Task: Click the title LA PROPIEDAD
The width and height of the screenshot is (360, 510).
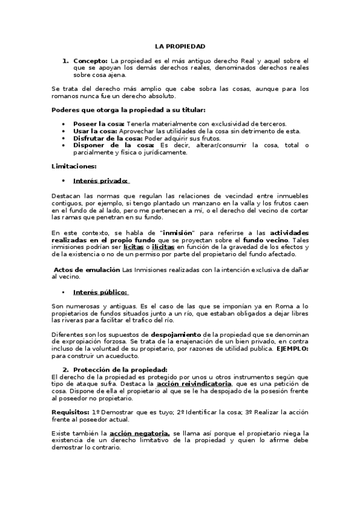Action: pos(180,46)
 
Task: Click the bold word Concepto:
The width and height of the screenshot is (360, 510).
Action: pos(91,61)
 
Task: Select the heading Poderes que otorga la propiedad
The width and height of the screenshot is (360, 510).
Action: pos(129,109)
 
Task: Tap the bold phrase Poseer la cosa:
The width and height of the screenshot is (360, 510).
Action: pos(99,124)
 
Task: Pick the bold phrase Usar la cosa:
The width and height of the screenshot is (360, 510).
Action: pos(95,131)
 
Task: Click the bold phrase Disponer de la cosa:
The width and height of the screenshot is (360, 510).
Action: pos(114,146)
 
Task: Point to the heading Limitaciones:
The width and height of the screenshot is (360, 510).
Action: pos(75,166)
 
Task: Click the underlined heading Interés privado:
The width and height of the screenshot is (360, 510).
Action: pos(101,180)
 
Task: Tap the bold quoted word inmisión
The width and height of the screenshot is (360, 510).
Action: pos(180,233)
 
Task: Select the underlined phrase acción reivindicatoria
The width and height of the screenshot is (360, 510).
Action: pos(194,384)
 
